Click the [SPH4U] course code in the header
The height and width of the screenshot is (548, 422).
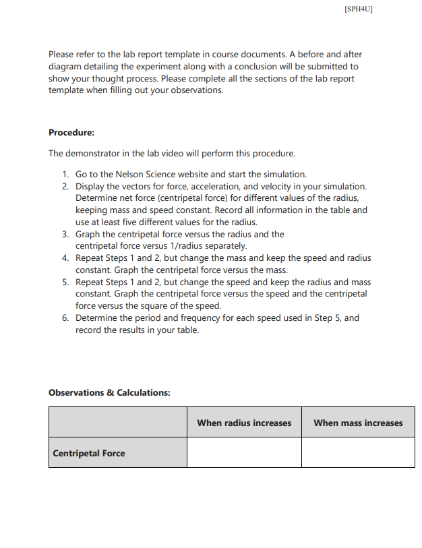(358, 9)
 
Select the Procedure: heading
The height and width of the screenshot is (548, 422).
(71, 131)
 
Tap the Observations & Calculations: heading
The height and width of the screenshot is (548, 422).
(109, 392)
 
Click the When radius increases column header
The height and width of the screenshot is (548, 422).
(244, 423)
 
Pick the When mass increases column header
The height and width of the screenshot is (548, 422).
(358, 423)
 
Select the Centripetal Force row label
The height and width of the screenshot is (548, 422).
(89, 453)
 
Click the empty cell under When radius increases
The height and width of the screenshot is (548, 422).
(244, 453)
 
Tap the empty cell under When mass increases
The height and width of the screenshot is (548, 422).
(358, 453)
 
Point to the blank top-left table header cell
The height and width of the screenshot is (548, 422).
(117, 423)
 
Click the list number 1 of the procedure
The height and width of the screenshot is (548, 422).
(65, 174)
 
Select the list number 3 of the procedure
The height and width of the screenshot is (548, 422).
(65, 234)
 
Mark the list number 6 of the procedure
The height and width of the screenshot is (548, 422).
(65, 318)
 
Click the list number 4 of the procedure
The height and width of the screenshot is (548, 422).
(65, 258)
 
